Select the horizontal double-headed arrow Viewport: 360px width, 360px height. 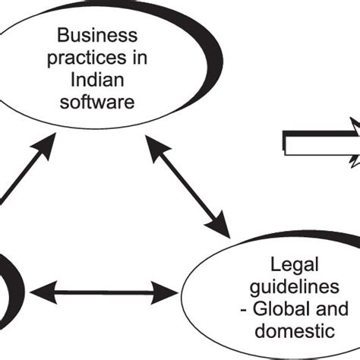[x=102, y=290]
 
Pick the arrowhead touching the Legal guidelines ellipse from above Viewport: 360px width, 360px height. [x=219, y=225]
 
